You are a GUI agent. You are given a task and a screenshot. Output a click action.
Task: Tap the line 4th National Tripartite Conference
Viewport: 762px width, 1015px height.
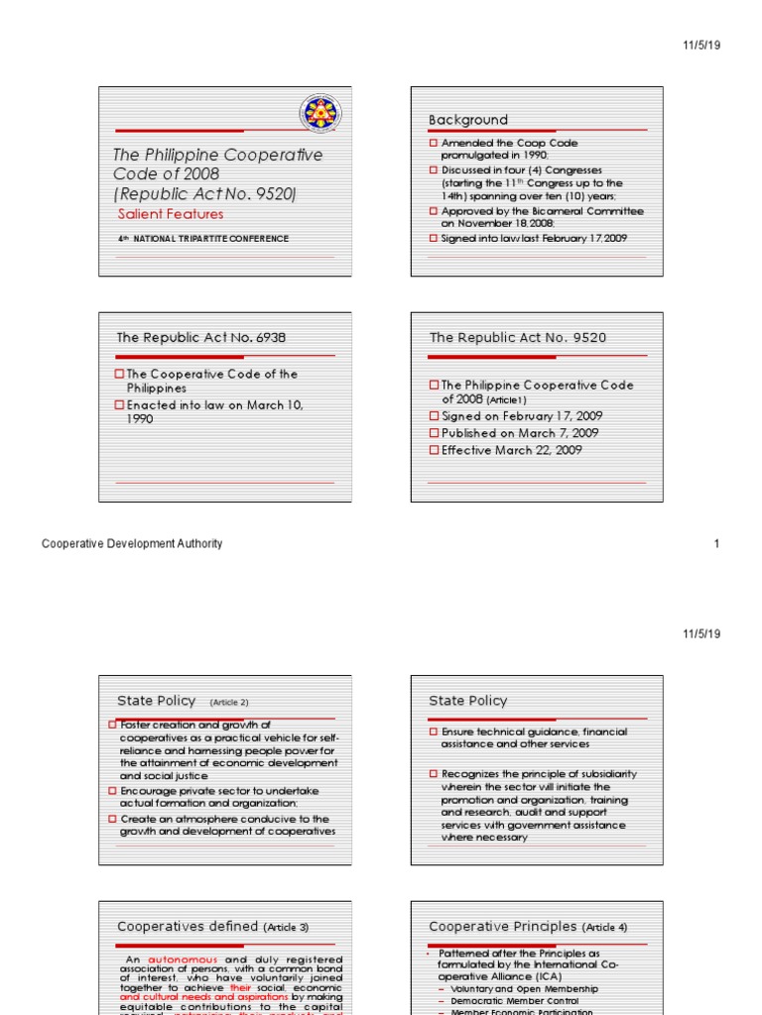(203, 239)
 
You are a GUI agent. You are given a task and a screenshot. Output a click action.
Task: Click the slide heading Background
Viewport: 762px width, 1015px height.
(467, 120)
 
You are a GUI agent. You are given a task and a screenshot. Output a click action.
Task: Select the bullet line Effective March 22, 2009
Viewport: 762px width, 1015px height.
(511, 450)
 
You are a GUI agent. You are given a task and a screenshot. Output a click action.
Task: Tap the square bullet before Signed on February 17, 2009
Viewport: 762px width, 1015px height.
(434, 416)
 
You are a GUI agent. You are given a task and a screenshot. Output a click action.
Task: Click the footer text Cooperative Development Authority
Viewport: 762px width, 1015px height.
(131, 543)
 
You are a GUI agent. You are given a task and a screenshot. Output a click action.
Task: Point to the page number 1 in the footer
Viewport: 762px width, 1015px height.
(716, 543)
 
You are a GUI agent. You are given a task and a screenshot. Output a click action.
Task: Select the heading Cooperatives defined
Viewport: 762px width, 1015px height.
(189, 927)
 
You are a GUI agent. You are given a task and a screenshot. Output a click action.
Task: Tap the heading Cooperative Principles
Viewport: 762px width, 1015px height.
(502, 927)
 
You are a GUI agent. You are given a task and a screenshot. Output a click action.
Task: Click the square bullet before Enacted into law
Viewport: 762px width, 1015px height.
(121, 405)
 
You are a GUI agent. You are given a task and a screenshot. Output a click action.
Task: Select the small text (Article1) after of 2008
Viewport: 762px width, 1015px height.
(505, 399)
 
